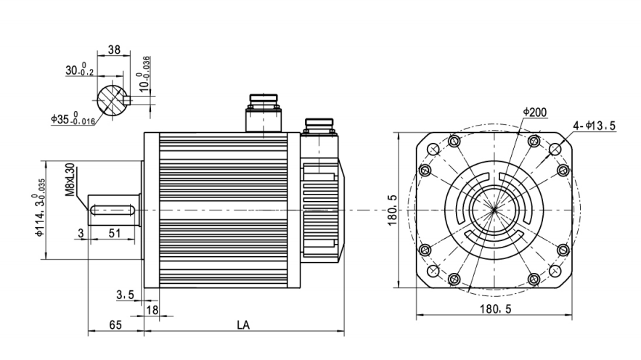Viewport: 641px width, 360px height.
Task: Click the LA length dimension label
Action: (x=243, y=325)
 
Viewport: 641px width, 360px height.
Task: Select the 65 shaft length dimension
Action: (x=115, y=325)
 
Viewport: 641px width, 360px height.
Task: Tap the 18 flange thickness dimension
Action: (x=152, y=310)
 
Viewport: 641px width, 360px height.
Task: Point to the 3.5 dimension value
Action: (x=125, y=295)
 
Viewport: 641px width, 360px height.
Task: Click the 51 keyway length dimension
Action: (x=115, y=233)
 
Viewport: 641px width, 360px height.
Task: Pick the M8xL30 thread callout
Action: (x=70, y=180)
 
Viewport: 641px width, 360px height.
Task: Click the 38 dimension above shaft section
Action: (x=114, y=49)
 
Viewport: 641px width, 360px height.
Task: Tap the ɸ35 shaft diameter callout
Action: (x=73, y=118)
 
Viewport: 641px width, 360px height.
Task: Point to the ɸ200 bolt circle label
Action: (x=535, y=112)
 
